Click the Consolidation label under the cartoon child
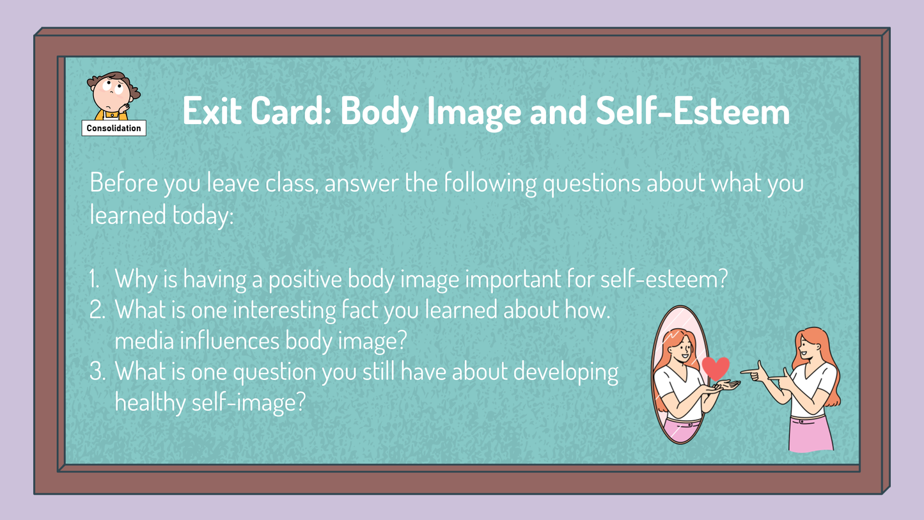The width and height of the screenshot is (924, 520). (x=114, y=128)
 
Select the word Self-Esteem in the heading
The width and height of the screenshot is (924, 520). (x=693, y=111)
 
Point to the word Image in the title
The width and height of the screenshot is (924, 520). (x=474, y=111)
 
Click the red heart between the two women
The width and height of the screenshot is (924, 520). (x=716, y=368)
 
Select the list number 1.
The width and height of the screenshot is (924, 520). (x=95, y=279)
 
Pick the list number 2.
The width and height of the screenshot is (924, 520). (x=97, y=310)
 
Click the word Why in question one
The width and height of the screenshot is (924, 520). (x=136, y=280)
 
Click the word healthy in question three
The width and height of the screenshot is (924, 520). (x=150, y=402)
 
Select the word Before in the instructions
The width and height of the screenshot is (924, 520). (x=124, y=182)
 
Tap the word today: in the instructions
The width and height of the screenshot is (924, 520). (x=203, y=216)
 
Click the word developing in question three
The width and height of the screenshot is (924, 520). (x=566, y=372)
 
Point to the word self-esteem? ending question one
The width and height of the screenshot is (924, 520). (x=664, y=280)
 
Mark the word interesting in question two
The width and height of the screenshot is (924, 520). (x=285, y=310)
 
